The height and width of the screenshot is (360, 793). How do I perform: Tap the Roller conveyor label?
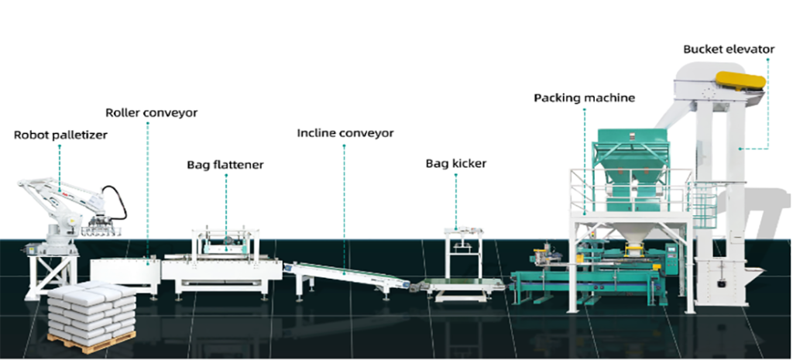(x=151, y=113)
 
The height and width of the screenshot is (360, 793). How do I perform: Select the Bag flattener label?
(x=225, y=165)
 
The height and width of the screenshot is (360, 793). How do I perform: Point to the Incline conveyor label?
(x=345, y=133)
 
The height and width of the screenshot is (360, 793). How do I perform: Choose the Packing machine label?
(x=584, y=98)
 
